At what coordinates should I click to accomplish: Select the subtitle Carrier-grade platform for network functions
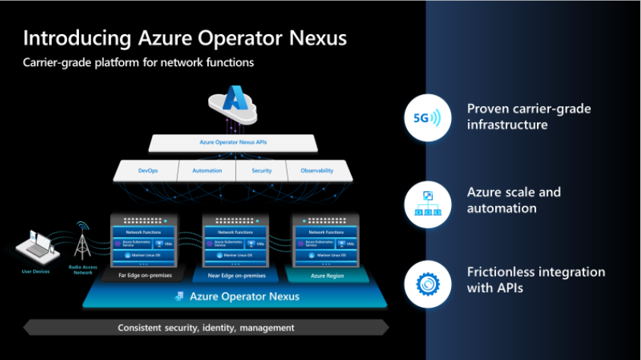(138, 62)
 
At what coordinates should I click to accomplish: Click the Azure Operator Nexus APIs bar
(232, 142)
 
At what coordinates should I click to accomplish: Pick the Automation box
(207, 171)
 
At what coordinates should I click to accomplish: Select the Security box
(261, 171)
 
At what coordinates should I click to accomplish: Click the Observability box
(317, 171)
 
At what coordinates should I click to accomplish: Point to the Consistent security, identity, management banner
(206, 327)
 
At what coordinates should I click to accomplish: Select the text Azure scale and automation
(513, 200)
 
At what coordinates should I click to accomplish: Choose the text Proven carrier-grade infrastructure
(529, 116)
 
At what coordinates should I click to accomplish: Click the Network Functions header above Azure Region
(326, 232)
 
